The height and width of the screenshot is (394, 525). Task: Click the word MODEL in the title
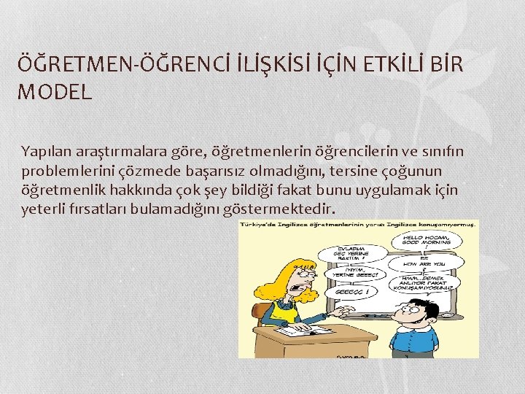pyautogui.click(x=55, y=93)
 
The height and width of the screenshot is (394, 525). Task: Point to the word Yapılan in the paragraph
pyautogui.click(x=44, y=151)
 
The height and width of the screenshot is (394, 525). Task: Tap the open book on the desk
pyautogui.click(x=301, y=331)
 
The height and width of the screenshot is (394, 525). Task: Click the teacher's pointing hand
pyautogui.click(x=338, y=309)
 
